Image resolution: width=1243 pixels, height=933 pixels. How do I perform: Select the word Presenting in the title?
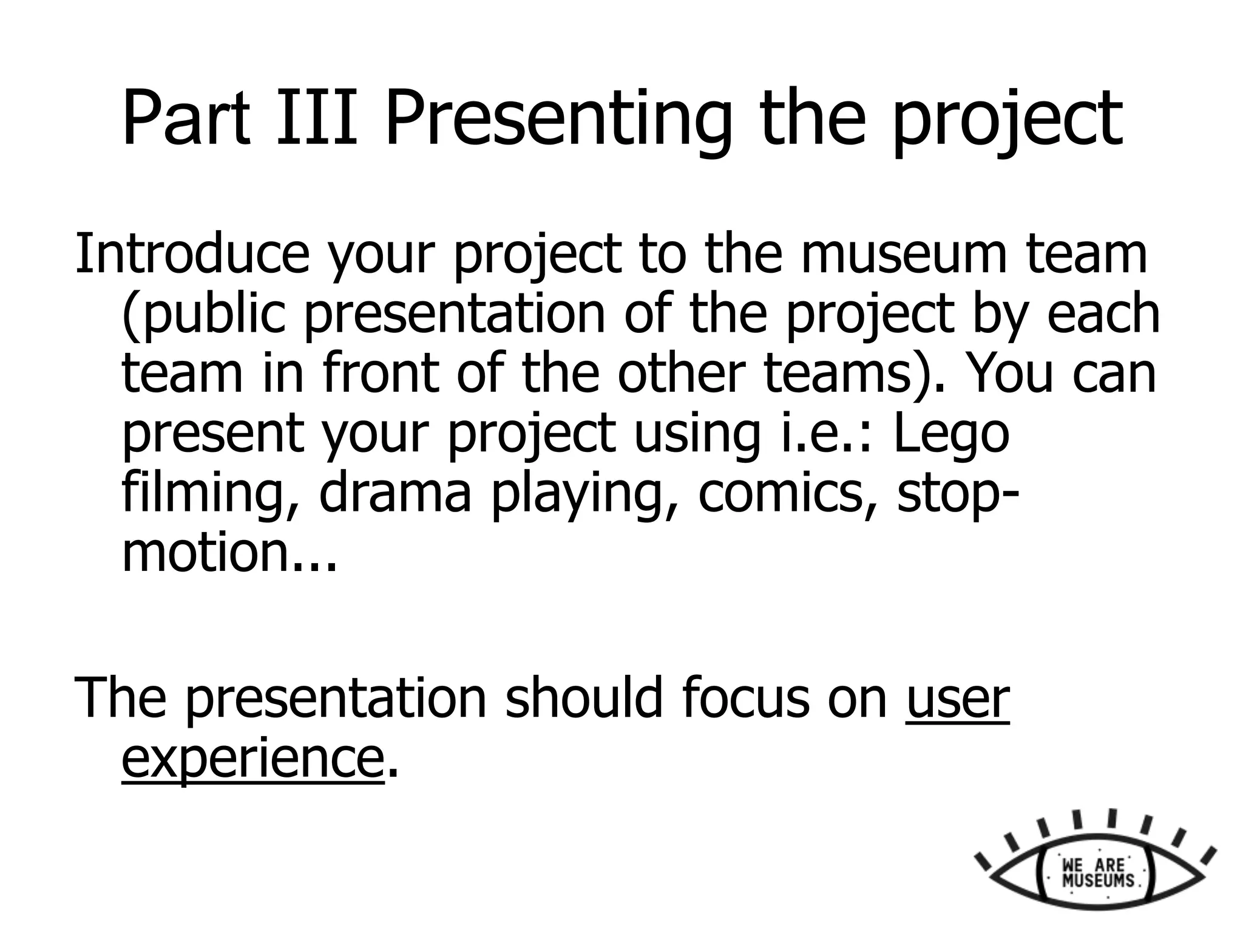558,120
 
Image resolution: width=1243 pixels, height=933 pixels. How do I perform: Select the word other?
680,373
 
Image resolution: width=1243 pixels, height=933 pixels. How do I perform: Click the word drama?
395,493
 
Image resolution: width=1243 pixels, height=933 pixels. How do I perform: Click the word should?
583,699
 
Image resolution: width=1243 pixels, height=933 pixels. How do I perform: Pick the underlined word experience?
252,759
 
